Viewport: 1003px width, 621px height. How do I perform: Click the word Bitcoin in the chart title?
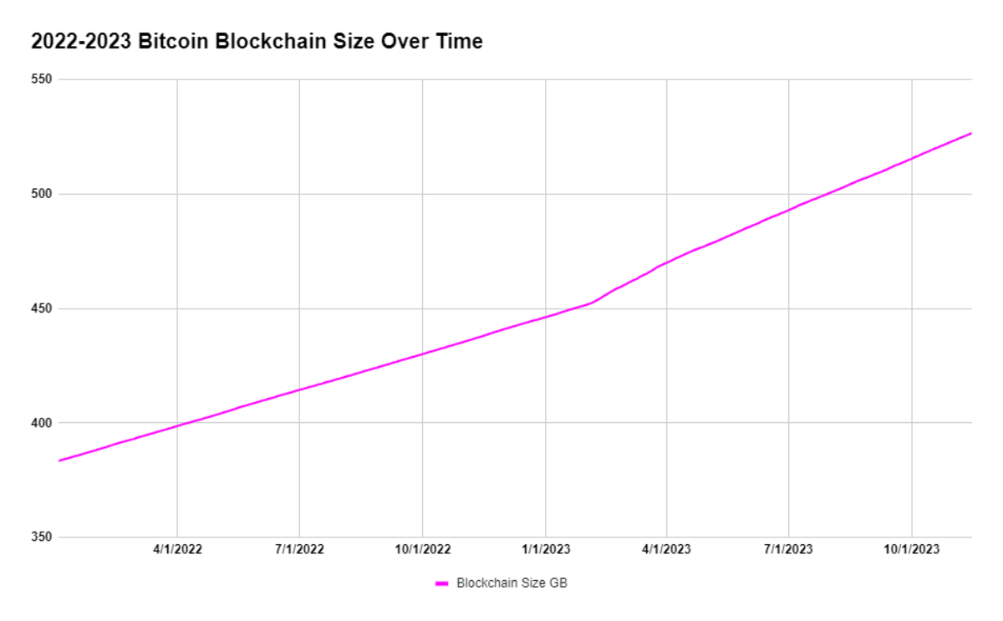[174, 41]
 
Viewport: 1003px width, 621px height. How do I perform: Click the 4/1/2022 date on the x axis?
[176, 549]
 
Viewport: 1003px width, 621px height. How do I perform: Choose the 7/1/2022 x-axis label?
[299, 549]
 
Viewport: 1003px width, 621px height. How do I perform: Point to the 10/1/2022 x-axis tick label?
[423, 549]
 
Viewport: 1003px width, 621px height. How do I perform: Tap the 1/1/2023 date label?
[546, 549]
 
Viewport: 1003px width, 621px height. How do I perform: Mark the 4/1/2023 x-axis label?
[667, 549]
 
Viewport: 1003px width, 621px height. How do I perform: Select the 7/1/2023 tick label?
[788, 549]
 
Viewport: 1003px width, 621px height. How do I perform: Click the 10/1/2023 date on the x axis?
[912, 549]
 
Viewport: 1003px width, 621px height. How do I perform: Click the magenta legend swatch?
[442, 583]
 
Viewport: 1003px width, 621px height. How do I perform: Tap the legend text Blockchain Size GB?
[512, 583]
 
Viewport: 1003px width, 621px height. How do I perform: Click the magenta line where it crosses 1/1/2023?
[546, 317]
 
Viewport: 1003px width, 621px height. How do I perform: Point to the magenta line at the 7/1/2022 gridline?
[299, 389]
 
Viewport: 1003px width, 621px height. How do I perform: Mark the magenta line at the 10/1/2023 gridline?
[912, 158]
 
